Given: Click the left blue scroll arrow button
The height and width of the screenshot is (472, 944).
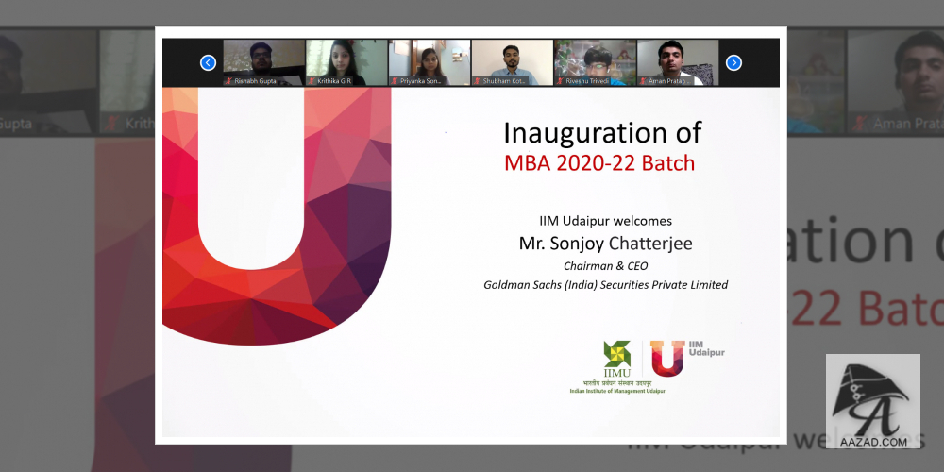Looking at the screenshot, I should point(208,63).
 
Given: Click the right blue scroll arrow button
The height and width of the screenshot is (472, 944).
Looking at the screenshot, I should point(733,63).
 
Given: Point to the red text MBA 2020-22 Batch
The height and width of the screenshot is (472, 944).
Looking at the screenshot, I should point(599,162).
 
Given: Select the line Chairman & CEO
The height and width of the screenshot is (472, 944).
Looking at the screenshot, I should point(605,265).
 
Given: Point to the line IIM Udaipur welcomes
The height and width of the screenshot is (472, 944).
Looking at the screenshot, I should point(605,221).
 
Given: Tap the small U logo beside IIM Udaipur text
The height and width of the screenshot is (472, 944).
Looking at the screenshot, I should point(667,358).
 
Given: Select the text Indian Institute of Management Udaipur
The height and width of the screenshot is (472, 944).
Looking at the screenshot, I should point(616,391).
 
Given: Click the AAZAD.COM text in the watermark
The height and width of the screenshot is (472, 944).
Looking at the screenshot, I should point(872,441).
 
